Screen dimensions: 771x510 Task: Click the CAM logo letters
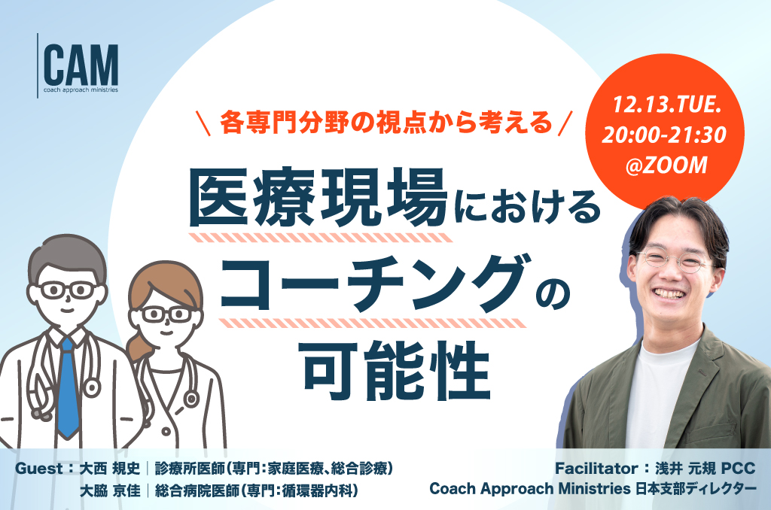(81, 65)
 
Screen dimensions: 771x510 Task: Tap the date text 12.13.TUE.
(667, 105)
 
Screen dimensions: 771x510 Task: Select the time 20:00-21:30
(664, 135)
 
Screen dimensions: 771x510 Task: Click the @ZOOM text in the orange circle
(667, 165)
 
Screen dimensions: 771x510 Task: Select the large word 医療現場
(318, 198)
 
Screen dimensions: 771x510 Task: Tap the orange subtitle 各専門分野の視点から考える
(386, 123)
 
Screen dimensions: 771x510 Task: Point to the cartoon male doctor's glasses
(68, 290)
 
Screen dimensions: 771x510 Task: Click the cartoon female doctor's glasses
(166, 314)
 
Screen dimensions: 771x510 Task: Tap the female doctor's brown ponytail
(139, 347)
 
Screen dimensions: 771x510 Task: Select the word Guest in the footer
(39, 469)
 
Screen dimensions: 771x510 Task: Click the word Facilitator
(596, 469)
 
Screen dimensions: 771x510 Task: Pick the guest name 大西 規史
(110, 469)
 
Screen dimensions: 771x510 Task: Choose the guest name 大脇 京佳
(110, 490)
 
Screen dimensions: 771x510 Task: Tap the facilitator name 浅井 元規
(685, 469)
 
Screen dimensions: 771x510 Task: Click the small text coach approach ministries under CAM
(81, 90)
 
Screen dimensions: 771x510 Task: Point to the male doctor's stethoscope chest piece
(92, 388)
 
